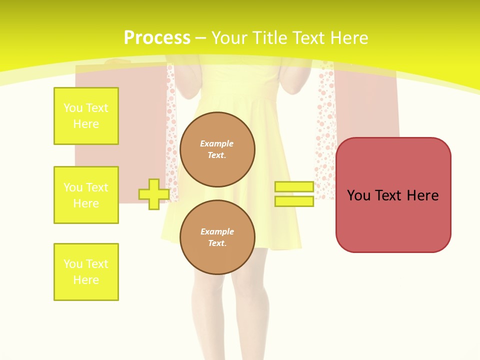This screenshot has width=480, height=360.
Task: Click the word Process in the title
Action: tap(157, 38)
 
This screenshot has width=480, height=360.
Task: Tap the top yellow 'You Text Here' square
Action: tap(86, 115)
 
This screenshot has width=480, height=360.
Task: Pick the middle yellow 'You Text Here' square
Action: tap(86, 195)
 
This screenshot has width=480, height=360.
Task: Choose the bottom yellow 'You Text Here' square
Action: tap(86, 272)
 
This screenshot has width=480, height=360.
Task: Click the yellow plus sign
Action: tap(154, 194)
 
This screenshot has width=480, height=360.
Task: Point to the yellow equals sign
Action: tap(294, 194)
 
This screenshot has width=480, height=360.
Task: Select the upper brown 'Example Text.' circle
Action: tap(217, 149)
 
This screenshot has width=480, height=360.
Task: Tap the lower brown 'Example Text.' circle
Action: tap(217, 237)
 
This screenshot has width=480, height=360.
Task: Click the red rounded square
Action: tap(393, 195)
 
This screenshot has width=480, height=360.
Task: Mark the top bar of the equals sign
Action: tap(294, 186)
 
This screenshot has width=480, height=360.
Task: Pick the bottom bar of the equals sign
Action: tap(294, 201)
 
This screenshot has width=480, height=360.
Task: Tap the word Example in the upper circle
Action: tap(216, 143)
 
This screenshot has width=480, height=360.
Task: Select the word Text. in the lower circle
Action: tap(217, 243)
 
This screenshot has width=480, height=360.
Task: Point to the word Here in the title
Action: tap(349, 38)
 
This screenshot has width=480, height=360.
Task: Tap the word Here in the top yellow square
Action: tap(86, 124)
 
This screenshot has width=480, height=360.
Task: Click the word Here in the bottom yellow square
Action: tap(86, 280)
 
